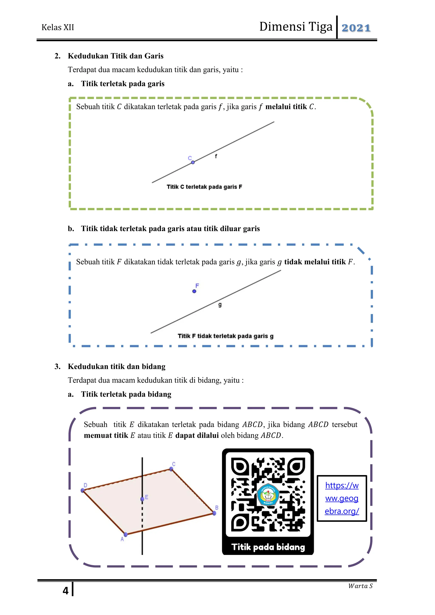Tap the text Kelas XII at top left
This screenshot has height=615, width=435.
[x=58, y=27]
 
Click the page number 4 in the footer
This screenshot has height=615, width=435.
[x=66, y=591]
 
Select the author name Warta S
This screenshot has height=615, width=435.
[x=360, y=586]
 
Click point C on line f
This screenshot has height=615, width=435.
[x=193, y=162]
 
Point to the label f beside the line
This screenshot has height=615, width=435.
[x=216, y=156]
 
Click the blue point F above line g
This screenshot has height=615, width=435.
[x=194, y=291]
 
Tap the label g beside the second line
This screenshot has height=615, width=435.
[x=220, y=305]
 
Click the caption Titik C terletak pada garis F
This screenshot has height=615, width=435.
[x=204, y=187]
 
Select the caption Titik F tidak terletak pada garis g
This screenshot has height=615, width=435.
[x=226, y=336]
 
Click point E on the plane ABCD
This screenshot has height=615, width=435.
[x=142, y=499]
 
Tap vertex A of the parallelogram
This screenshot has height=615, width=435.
[x=126, y=534]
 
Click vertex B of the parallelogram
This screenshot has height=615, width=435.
[x=214, y=513]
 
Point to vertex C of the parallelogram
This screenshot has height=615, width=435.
[x=171, y=469]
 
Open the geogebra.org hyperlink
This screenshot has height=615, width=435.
[x=342, y=498]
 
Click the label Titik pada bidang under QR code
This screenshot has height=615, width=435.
[x=268, y=547]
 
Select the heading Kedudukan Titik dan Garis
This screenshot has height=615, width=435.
[x=116, y=56]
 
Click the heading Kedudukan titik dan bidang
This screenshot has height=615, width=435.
[x=117, y=366]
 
